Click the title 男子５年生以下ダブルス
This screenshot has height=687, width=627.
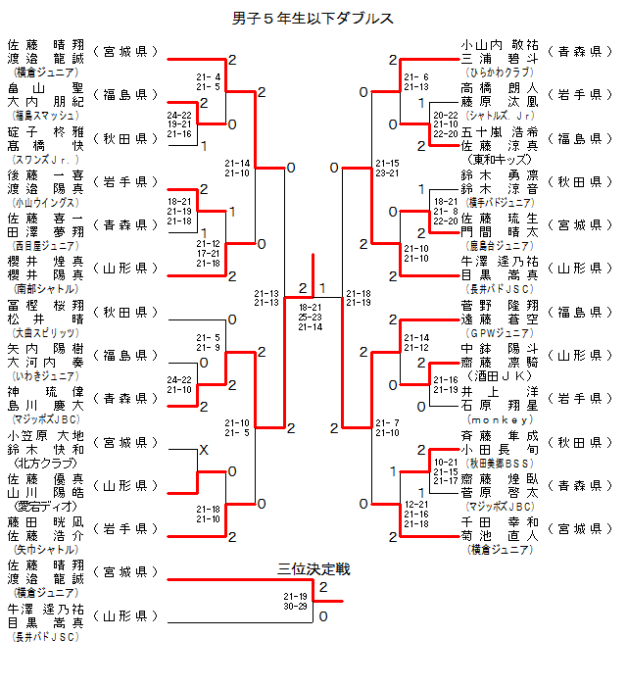click(313, 19)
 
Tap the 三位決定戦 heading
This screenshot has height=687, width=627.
click(313, 569)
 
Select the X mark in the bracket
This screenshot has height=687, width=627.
click(204, 449)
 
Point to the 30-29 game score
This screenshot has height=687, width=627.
click(295, 607)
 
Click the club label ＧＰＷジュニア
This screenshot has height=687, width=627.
click(500, 331)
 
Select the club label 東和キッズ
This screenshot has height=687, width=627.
click(500, 159)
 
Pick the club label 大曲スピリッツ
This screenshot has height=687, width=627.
click(40, 332)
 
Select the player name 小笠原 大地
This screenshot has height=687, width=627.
click(45, 436)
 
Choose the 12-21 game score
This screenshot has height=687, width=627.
click(417, 503)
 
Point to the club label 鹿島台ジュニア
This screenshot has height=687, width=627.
click(499, 245)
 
